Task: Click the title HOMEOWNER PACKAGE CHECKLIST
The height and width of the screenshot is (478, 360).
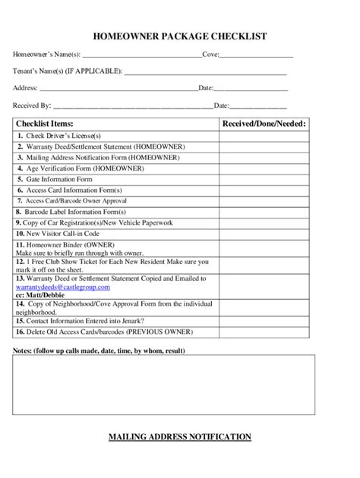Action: coord(179,36)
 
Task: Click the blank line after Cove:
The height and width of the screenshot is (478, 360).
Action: coord(256,55)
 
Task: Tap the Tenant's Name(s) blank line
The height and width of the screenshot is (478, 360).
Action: coord(205,72)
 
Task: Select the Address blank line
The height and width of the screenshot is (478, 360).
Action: coord(114,89)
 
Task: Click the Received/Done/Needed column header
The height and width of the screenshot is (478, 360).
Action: coord(264,123)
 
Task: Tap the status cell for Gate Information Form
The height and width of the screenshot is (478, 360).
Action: coord(264,179)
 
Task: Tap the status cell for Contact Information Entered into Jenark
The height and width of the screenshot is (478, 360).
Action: coord(264,321)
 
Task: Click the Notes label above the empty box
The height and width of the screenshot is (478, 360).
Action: coord(99,351)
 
